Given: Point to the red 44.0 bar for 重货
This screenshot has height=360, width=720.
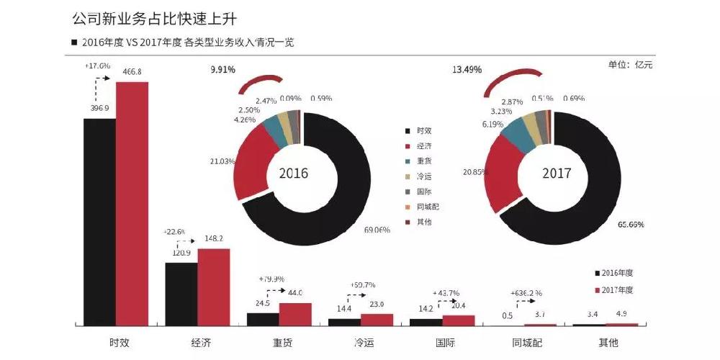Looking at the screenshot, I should coord(295,314).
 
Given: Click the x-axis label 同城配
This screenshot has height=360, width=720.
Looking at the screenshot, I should coord(524,342).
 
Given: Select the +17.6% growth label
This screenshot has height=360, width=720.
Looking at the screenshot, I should coord(97,66).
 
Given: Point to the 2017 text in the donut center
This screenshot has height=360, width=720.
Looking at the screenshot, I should coord(556,174).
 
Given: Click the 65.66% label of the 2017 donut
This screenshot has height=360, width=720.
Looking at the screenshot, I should coord(631,225).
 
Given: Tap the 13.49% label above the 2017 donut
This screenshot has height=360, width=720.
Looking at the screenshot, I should coord(467,70).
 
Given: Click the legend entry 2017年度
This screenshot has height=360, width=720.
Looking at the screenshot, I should coord(618,289).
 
